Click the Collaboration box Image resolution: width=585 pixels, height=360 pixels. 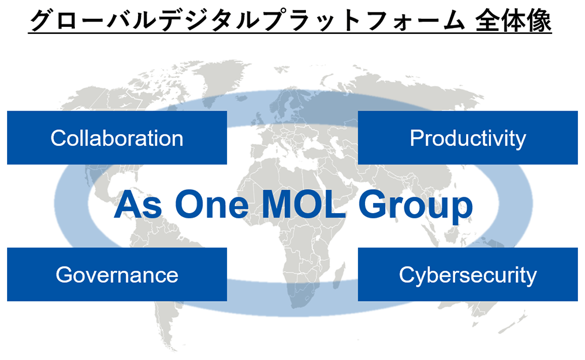[117, 138]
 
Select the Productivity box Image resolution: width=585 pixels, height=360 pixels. [468, 138]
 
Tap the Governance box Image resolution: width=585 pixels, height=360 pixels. [117, 274]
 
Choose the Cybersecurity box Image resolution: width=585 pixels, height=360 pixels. [468, 274]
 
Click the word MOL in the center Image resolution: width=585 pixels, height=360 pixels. [304, 205]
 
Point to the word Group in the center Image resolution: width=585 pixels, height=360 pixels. [415, 207]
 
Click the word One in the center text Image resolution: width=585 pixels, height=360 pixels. [212, 205]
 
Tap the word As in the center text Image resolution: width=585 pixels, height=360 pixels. [138, 205]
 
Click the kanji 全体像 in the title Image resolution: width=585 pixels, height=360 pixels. [514, 20]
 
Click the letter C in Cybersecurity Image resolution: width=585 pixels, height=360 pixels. [407, 275]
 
